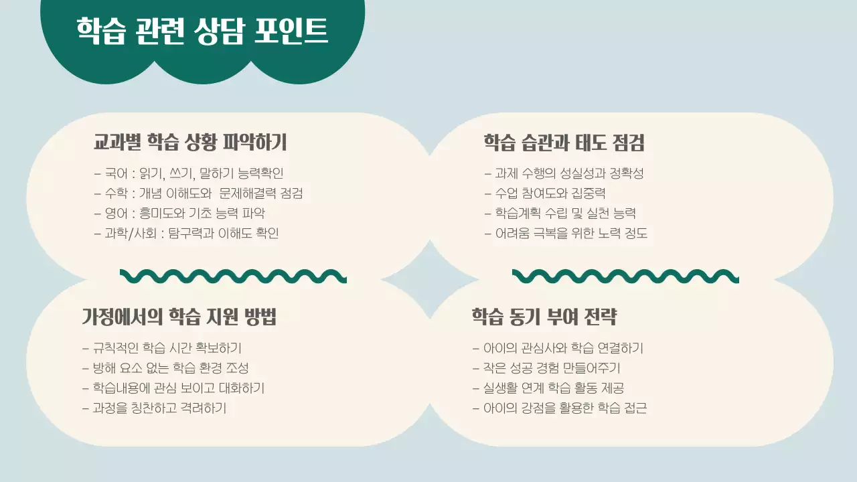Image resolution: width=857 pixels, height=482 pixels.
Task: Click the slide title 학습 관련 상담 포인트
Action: (202, 30)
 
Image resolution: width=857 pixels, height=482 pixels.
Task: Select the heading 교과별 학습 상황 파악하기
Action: (190, 142)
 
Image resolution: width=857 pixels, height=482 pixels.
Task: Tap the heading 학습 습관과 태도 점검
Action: (564, 142)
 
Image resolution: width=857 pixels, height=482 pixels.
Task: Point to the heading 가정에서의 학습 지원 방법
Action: (179, 317)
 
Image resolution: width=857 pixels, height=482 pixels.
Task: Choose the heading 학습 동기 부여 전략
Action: (544, 317)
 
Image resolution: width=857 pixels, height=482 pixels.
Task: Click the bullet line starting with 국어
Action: (189, 173)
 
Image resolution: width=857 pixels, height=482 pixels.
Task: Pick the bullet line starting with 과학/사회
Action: (186, 234)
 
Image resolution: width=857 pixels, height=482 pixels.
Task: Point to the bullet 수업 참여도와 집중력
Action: (545, 193)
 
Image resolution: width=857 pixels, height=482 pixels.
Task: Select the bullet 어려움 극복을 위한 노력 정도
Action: (566, 234)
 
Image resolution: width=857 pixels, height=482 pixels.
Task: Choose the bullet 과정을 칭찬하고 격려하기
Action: (154, 408)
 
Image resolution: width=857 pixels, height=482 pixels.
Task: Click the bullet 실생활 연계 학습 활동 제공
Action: (549, 388)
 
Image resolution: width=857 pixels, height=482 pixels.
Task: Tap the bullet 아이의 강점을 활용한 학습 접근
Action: (560, 408)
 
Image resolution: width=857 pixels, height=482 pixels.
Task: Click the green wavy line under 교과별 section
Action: (233, 276)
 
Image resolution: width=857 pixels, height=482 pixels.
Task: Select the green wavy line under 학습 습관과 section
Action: (625, 276)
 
